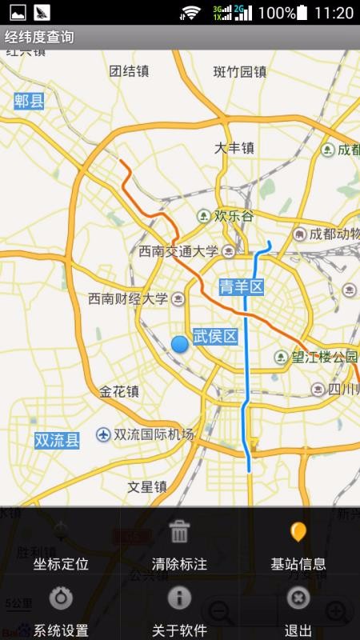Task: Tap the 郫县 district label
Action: click(30, 100)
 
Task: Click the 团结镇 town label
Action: click(129, 70)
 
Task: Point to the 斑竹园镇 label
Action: click(239, 71)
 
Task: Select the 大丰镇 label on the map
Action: click(234, 147)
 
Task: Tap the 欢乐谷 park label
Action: click(234, 216)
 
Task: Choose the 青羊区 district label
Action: click(241, 286)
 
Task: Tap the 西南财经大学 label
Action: click(128, 298)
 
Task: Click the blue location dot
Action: click(180, 344)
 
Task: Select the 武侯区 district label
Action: click(215, 336)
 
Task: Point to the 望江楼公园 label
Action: click(324, 357)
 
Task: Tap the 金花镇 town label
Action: click(119, 391)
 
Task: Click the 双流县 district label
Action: click(57, 439)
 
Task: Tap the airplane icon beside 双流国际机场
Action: click(103, 434)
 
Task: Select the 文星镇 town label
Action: click(147, 486)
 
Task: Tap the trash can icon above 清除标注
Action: click(180, 531)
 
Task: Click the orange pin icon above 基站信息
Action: click(298, 531)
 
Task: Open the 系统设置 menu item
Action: click(61, 630)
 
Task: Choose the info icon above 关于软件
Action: click(180, 598)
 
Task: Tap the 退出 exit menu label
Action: click(298, 630)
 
